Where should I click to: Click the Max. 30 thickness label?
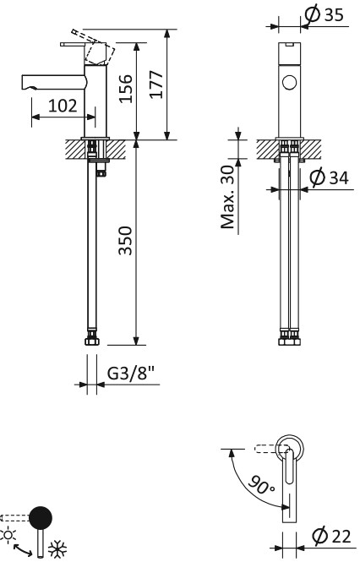point(227,198)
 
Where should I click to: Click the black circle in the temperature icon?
point(39,517)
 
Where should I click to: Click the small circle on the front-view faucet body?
point(289,82)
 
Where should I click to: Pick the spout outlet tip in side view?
point(25,83)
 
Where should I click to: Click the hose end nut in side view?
point(92,341)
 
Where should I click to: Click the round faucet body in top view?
point(289,445)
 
